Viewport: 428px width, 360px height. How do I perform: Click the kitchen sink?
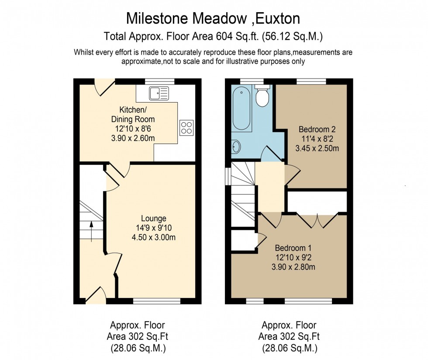pos(159,93)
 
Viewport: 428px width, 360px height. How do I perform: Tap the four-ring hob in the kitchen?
pos(186,127)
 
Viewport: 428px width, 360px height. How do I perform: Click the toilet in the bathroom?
pos(262,96)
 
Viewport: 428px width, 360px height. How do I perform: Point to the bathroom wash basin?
pos(235,147)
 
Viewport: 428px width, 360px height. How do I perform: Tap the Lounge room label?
pos(153,218)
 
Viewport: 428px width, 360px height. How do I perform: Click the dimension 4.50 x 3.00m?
pos(153,237)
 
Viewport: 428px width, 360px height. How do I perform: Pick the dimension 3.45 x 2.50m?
pos(317,148)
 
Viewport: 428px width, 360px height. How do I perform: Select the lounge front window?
pos(156,301)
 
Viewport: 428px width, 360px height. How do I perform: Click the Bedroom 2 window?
pos(311,81)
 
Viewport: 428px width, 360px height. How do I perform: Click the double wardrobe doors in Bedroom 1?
pos(318,220)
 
